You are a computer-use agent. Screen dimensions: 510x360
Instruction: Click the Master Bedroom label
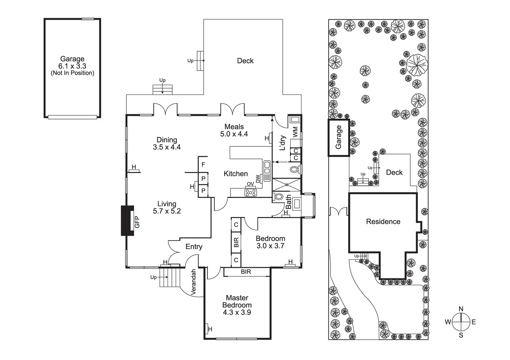(x=237, y=301)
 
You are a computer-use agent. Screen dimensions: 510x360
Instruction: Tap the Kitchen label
(x=236, y=174)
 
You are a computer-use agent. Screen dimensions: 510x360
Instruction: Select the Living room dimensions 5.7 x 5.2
(x=167, y=211)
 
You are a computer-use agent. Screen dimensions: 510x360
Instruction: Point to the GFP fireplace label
(x=137, y=222)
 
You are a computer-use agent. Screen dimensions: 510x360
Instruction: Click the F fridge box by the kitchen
(x=203, y=165)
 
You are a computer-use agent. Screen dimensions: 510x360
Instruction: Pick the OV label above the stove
(x=250, y=184)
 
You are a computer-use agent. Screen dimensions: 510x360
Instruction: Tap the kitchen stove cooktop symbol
(x=250, y=192)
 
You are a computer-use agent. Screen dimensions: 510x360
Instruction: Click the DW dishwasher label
(x=258, y=179)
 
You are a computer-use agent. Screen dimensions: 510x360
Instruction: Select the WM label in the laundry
(x=295, y=132)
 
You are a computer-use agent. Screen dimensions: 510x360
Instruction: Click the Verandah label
(x=194, y=282)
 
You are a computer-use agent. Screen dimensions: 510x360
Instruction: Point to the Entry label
(x=194, y=247)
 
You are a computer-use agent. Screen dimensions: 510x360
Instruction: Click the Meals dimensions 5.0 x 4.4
(x=234, y=134)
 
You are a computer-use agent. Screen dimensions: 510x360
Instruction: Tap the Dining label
(x=167, y=140)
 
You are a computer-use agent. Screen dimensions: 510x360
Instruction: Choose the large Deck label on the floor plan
(x=245, y=61)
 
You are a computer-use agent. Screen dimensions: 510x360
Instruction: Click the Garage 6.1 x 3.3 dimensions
(x=72, y=66)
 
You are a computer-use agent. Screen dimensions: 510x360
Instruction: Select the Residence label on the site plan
(x=383, y=222)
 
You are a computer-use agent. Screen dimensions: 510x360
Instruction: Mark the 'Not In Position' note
(x=72, y=73)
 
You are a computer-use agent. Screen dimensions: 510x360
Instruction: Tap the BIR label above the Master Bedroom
(x=246, y=272)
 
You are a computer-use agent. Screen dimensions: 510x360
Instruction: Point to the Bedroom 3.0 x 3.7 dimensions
(x=270, y=246)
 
